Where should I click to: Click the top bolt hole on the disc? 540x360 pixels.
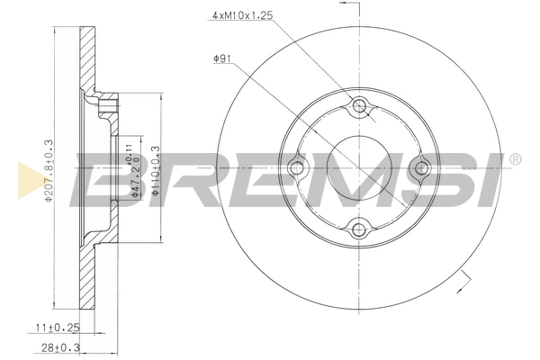coord(361,108)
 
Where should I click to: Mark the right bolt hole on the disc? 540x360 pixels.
coord(420,168)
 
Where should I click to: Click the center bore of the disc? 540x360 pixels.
coord(361,168)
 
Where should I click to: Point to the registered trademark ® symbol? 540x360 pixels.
coord(515,159)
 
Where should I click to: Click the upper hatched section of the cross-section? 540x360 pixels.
coord(88,63)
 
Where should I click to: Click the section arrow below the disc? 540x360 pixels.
coord(461,286)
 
